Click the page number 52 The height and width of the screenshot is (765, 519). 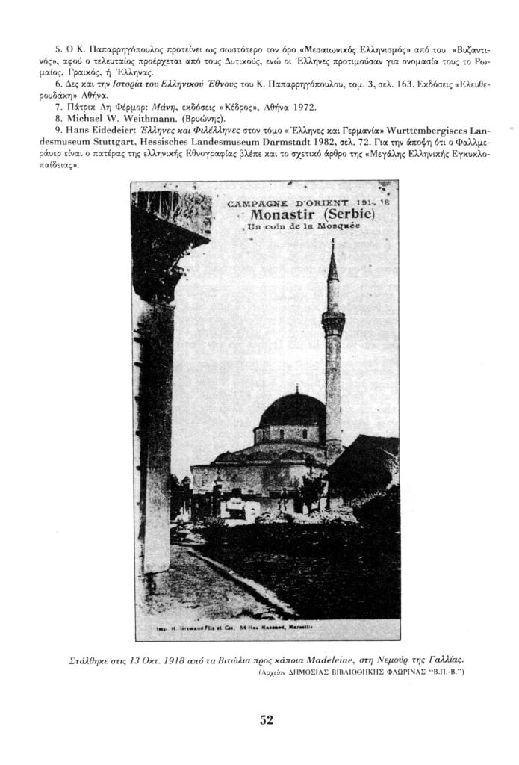(267, 720)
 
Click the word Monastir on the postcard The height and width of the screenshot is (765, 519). (285, 216)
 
